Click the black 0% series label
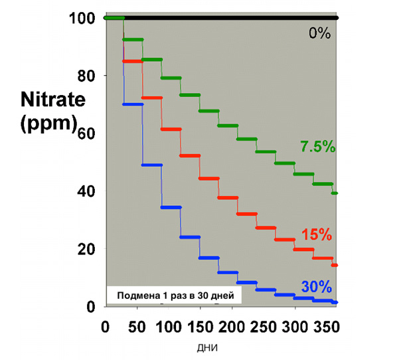coord(319,33)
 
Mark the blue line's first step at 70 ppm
coord(133,104)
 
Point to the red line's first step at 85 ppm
coord(133,61)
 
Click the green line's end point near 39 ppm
coord(336,193)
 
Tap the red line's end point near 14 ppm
coord(336,265)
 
